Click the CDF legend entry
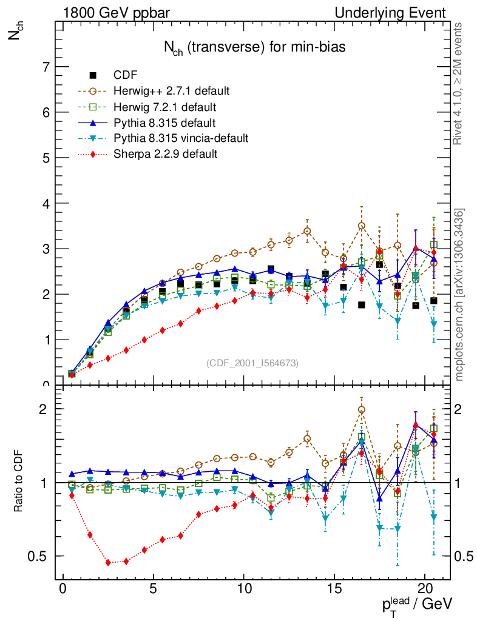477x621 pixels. [x=126, y=75]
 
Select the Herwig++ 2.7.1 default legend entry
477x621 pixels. [x=171, y=91]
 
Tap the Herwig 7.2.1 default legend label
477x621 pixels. [x=165, y=107]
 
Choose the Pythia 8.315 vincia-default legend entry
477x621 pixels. [x=181, y=138]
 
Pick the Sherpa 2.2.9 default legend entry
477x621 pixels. [x=166, y=154]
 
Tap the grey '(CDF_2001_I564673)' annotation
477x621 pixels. [x=252, y=363]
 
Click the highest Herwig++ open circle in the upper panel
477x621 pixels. [x=362, y=226]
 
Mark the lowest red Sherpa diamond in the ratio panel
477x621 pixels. [x=108, y=563]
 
